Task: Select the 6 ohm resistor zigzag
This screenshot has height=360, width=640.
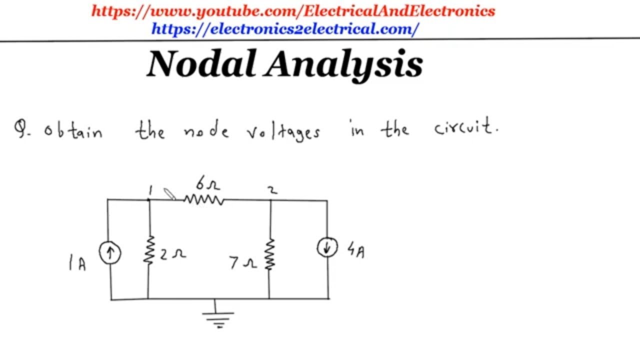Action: point(204,199)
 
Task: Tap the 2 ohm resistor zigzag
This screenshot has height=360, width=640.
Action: point(149,250)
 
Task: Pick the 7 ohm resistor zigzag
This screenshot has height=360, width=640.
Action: point(269,254)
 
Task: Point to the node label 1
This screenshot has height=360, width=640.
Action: point(150,190)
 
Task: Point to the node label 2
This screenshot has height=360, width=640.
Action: point(272,190)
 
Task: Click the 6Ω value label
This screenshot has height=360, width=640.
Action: point(208,183)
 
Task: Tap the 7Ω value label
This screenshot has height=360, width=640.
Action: point(243,263)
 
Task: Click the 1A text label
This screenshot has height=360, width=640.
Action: point(77,263)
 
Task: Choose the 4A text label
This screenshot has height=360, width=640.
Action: point(356,250)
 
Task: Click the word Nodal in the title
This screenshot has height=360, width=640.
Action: point(201,63)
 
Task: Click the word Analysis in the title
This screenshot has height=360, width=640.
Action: point(343,65)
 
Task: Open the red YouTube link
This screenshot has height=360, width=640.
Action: point(293,11)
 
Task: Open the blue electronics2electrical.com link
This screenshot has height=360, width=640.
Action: point(285,29)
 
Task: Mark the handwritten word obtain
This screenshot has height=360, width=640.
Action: point(73,131)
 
